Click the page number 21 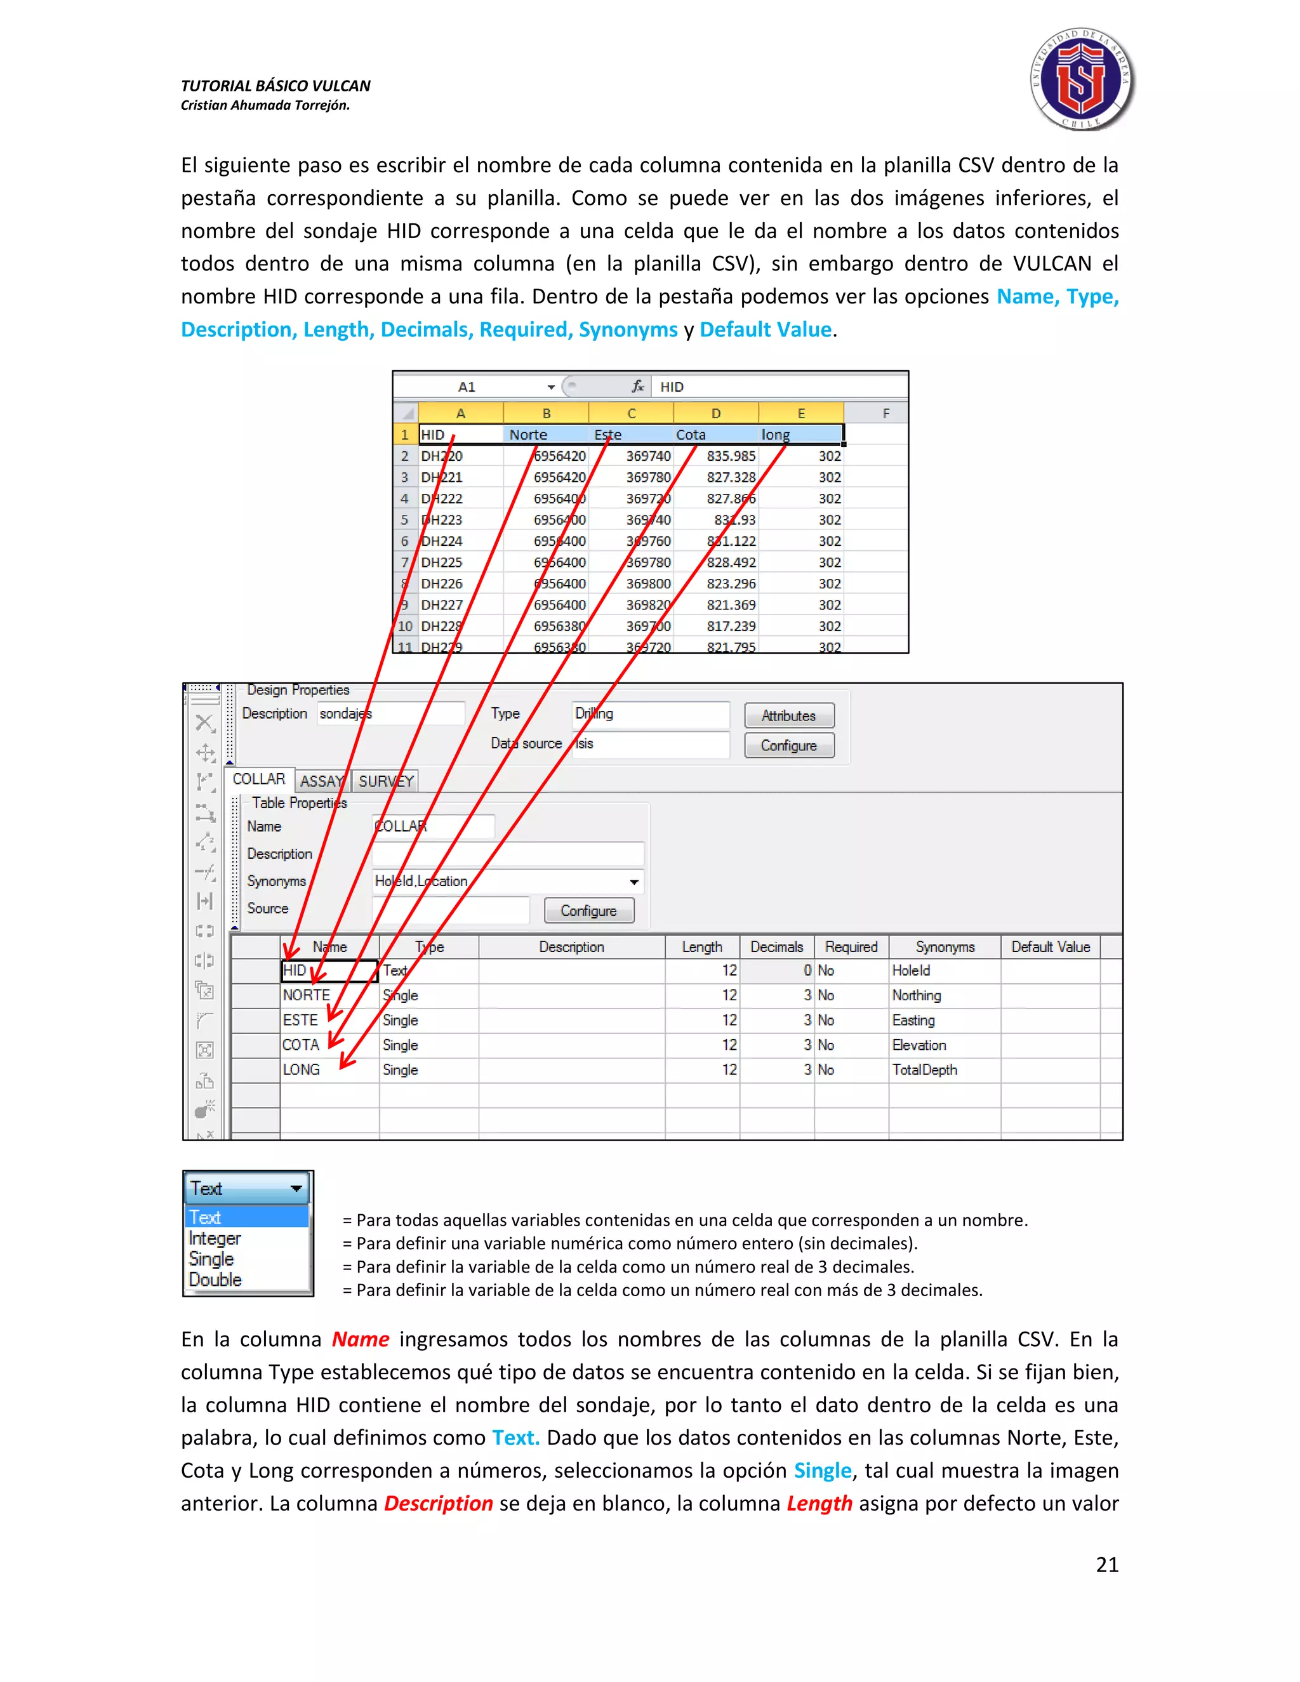tap(1106, 1564)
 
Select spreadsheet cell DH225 tap(442, 562)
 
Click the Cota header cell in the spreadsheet tap(691, 434)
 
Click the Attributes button tap(788, 715)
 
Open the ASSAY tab tap(321, 781)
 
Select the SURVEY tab tap(386, 781)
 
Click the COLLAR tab tap(259, 779)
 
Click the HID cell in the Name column tap(329, 970)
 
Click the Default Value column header tap(1050, 946)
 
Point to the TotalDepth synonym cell tap(924, 1069)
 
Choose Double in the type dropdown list tap(216, 1279)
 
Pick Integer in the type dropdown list tap(215, 1238)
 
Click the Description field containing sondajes tap(390, 714)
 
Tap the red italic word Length tap(819, 1502)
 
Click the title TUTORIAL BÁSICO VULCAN tap(275, 86)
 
